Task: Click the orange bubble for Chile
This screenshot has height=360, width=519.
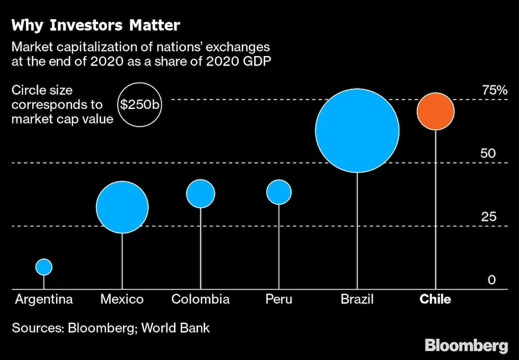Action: pyautogui.click(x=435, y=111)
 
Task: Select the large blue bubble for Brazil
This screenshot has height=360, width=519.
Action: pyautogui.click(x=357, y=130)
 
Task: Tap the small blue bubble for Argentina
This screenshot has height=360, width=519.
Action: pyautogui.click(x=44, y=267)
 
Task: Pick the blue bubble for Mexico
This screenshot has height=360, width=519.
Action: pyautogui.click(x=122, y=207)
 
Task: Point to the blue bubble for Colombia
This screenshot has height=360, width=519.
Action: pyautogui.click(x=200, y=193)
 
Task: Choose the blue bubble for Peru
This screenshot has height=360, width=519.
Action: pyautogui.click(x=279, y=192)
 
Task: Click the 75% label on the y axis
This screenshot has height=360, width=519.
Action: pyautogui.click(x=495, y=90)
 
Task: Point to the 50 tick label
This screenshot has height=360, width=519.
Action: pyautogui.click(x=488, y=154)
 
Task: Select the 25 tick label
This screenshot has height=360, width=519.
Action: pyautogui.click(x=488, y=217)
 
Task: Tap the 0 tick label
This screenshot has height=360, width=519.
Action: pyautogui.click(x=491, y=280)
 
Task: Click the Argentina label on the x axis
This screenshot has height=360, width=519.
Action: pyautogui.click(x=44, y=299)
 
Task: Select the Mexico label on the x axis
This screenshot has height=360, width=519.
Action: pyautogui.click(x=122, y=299)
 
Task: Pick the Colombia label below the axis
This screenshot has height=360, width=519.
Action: pyautogui.click(x=200, y=299)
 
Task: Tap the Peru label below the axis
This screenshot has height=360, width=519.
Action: pyautogui.click(x=279, y=299)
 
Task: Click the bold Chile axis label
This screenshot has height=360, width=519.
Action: pyautogui.click(x=435, y=299)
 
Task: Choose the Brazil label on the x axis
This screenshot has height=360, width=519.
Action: pyautogui.click(x=357, y=299)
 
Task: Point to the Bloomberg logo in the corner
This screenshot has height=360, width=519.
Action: pyautogui.click(x=466, y=345)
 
